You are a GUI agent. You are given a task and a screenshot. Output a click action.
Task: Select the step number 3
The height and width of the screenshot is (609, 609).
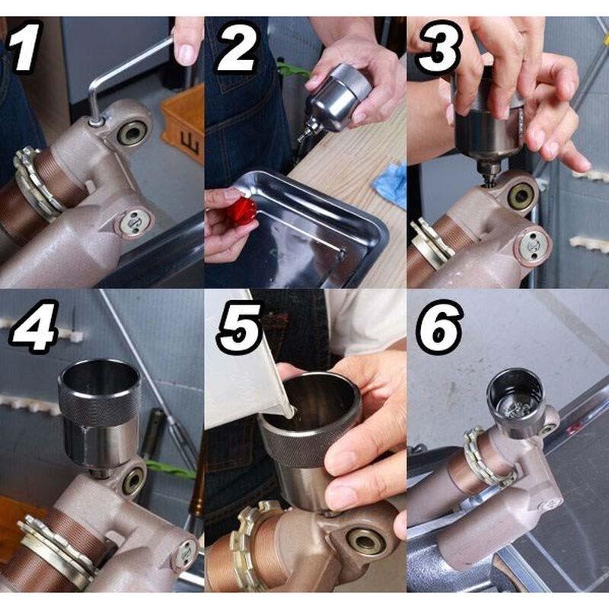click(440, 47)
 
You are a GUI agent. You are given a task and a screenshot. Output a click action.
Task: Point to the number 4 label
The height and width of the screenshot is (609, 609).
click(34, 326)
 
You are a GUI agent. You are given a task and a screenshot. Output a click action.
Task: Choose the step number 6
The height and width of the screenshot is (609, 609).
click(441, 327)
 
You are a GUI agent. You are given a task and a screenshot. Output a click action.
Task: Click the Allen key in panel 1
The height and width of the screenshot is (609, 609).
click(128, 78)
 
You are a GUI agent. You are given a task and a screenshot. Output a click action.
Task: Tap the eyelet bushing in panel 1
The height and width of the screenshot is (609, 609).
click(134, 132)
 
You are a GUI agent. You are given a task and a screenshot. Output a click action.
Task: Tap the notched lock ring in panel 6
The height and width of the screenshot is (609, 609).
click(486, 458)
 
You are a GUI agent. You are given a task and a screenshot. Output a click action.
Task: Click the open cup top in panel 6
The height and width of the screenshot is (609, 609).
click(515, 391)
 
